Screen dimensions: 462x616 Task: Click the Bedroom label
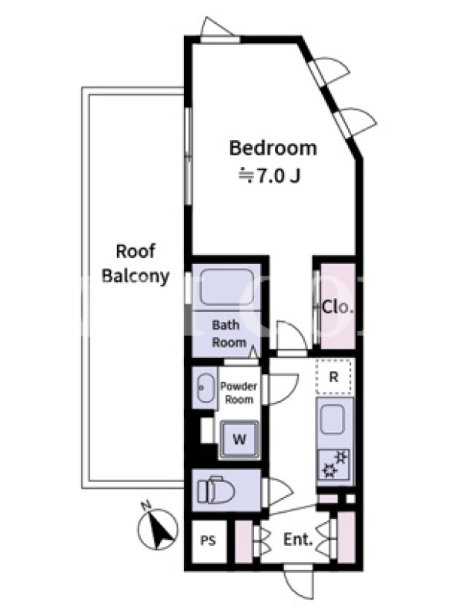[x=273, y=148]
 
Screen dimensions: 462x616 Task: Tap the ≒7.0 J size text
[x=270, y=176]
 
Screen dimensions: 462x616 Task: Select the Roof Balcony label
[x=136, y=263]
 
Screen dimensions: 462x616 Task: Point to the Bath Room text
[x=229, y=333]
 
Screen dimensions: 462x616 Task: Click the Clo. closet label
[x=338, y=306]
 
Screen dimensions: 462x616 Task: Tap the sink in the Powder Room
[x=206, y=388]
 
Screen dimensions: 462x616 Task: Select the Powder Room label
[x=239, y=393]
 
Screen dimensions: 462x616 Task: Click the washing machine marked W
[x=239, y=439]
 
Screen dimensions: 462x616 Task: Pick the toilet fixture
[x=216, y=490]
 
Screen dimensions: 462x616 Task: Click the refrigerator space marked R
[x=334, y=377]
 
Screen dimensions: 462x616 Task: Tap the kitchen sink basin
[x=333, y=419]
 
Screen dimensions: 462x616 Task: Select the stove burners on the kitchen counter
[x=335, y=464]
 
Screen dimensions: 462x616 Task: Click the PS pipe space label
[x=208, y=541]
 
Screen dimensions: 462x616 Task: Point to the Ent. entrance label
[x=298, y=540]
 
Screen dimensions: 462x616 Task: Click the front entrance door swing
[x=299, y=585]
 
